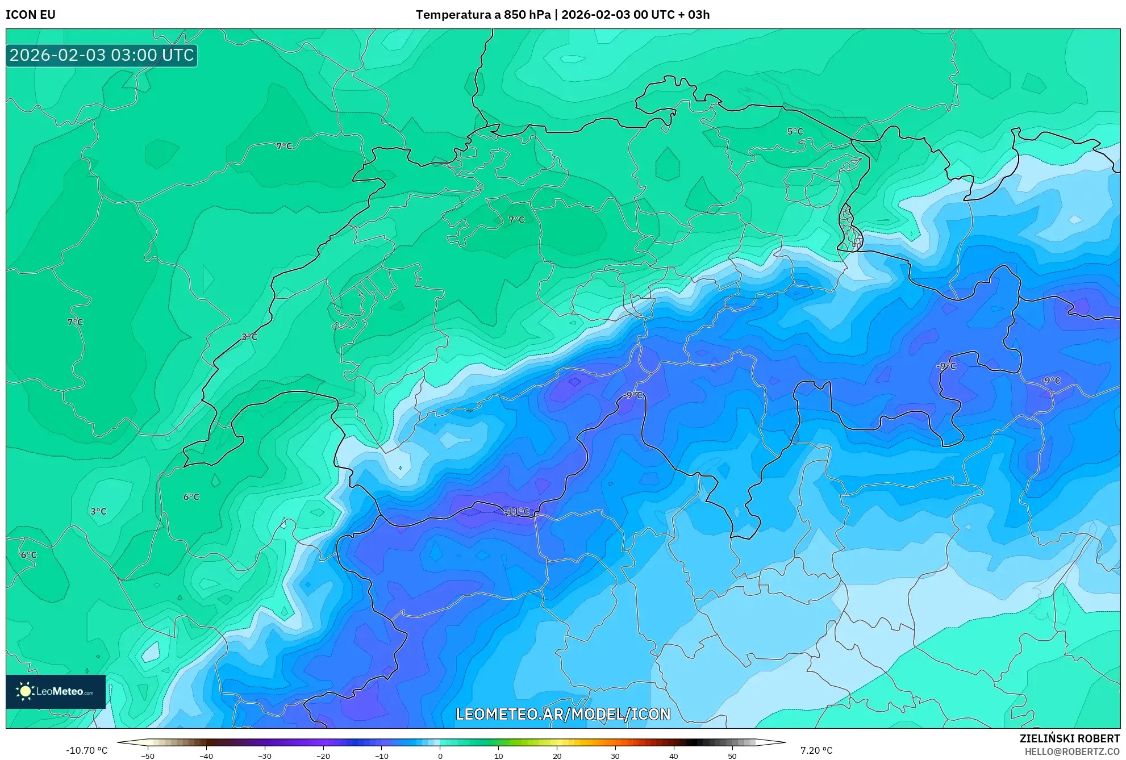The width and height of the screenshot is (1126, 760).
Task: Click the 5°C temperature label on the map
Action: tap(795, 131)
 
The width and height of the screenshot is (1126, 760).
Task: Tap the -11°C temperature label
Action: tap(517, 511)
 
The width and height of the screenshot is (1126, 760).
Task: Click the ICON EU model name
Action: tap(31, 15)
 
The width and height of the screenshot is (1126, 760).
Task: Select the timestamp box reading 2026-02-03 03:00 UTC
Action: tap(102, 55)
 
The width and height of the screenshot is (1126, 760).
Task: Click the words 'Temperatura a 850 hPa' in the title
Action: tap(483, 15)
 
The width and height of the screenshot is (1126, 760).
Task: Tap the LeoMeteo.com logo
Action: tap(56, 691)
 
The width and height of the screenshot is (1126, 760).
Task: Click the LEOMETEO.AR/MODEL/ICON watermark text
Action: tap(563, 714)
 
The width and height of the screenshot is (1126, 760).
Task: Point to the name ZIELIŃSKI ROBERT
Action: tap(1069, 738)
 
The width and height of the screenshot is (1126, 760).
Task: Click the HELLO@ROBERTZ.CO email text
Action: tap(1072, 751)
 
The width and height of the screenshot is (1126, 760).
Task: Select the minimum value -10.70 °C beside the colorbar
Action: tap(86, 750)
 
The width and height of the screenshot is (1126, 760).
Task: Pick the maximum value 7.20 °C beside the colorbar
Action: tap(816, 750)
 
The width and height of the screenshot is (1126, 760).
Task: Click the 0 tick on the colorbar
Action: tap(440, 756)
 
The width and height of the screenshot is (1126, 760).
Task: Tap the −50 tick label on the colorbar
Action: tap(147, 756)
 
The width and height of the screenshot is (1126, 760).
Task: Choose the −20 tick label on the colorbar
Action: tap(323, 756)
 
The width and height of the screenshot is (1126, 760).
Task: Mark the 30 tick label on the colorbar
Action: tap(615, 756)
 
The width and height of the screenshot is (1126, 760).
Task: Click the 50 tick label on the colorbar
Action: tap(732, 756)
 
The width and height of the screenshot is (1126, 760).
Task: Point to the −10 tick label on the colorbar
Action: tap(381, 756)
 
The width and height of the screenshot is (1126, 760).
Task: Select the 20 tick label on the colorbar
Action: tap(557, 756)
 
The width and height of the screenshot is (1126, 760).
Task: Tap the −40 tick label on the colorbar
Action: tap(206, 756)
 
